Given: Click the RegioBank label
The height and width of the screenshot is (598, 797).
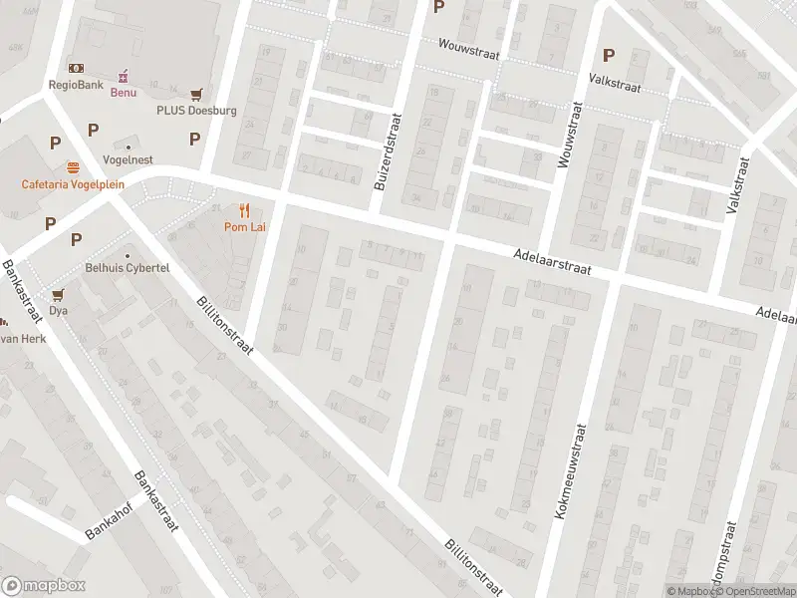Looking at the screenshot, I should tap(75, 85).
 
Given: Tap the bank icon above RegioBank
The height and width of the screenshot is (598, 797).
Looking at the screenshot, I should tap(75, 68).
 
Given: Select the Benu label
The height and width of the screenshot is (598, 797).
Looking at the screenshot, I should tap(123, 93).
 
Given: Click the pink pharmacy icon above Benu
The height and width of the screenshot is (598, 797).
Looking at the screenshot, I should tap(123, 76).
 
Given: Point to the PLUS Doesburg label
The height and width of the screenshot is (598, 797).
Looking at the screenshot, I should tap(196, 111).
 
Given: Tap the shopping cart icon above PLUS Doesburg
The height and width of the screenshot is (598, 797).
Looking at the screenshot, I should tap(196, 94).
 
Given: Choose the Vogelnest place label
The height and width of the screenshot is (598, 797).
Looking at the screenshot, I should tap(128, 159).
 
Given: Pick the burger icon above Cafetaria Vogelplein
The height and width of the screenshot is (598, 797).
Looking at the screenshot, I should tap(72, 167).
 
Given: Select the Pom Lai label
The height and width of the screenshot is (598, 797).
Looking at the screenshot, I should tap(243, 227).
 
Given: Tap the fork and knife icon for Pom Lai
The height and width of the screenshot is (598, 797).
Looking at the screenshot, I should tap(243, 210).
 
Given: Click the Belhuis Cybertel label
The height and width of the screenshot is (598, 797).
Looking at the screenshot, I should tap(128, 269).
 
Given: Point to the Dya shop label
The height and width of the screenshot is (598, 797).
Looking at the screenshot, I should tap(58, 310).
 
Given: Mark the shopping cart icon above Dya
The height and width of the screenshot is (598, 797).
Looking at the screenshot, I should tap(58, 294).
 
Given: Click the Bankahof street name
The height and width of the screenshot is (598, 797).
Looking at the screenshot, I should tap(109, 518).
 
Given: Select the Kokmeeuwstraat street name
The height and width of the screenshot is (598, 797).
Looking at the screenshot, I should tap(570, 470).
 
